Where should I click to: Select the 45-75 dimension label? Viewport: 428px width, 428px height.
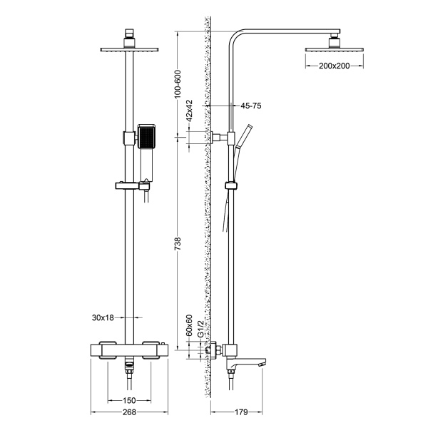click(x=251, y=106)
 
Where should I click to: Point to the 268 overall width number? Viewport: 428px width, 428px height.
click(x=129, y=412)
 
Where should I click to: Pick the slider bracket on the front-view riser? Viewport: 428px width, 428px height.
click(x=130, y=188)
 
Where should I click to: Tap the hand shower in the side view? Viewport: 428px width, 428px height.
click(x=246, y=136)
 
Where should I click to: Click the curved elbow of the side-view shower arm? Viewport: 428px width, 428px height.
click(x=235, y=36)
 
